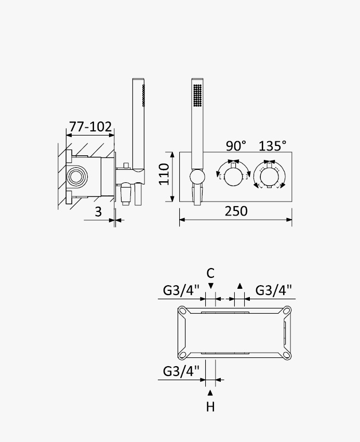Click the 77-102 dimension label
(90, 127)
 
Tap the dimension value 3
(98, 212)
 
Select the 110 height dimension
(164, 174)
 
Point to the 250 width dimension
(236, 211)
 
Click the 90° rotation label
(236, 146)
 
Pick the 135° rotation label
(272, 146)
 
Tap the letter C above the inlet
(210, 273)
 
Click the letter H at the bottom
(210, 407)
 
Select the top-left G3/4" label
(181, 290)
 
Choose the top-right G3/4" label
(273, 290)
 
